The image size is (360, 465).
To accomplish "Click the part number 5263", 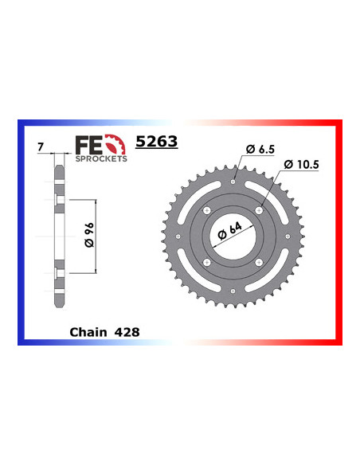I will tap(156, 142).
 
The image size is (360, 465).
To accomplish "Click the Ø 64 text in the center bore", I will tap(233, 236).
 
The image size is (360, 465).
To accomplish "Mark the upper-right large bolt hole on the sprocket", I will tap(259, 210).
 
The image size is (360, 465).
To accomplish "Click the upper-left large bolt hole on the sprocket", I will tap(206, 210).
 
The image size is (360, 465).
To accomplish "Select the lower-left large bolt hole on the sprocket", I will tap(206, 263).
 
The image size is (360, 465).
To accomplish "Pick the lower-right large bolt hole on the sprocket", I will tap(259, 263).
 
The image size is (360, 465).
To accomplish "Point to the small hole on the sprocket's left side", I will tap(178, 236).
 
